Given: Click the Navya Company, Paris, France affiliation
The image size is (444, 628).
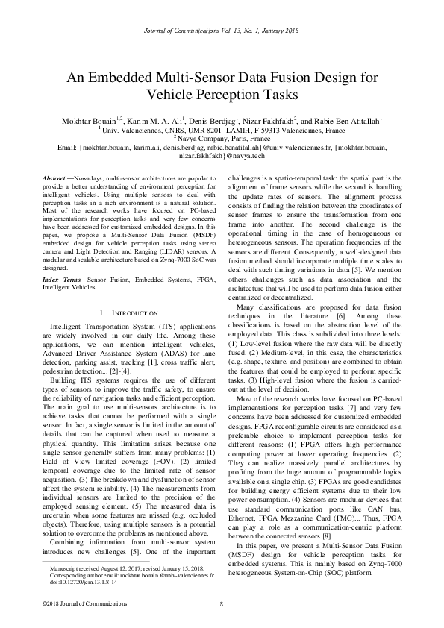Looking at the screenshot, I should [x=222, y=138].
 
